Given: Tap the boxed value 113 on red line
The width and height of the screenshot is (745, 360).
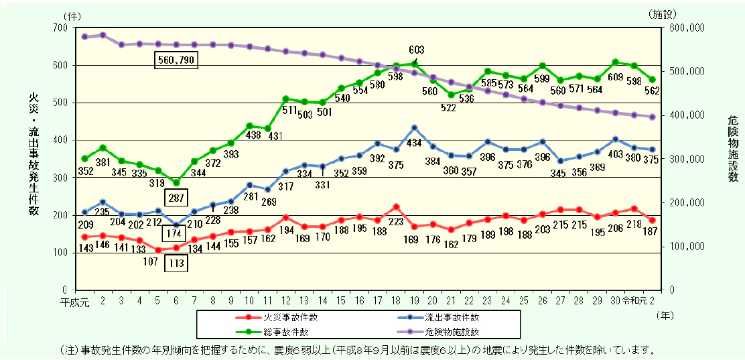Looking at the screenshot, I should pos(176,263).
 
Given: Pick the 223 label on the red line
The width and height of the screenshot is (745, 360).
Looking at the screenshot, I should pos(397,222).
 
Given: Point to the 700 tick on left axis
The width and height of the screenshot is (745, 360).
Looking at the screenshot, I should pos(69,27).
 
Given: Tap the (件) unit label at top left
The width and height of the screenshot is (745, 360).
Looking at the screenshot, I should pos(74,14).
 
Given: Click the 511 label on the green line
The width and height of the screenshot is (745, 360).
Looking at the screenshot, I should pos(290,111).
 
